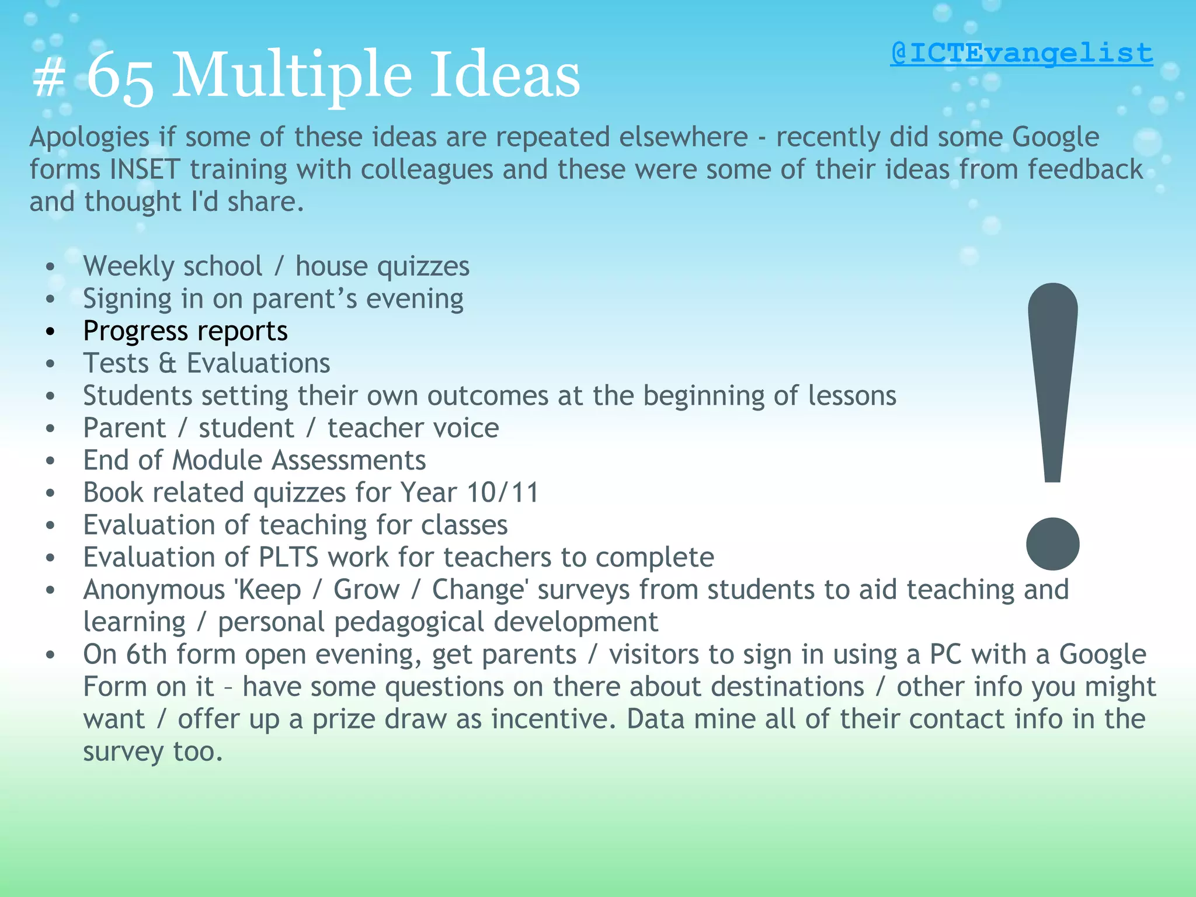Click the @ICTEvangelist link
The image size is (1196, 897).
[1021, 54]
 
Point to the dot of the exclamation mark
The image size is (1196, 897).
[1052, 544]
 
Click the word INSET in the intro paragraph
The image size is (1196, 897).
[144, 169]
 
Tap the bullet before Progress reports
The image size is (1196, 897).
[51, 332]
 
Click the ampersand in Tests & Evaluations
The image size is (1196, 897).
[167, 363]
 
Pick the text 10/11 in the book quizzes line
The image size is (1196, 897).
[502, 492]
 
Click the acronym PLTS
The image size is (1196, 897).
[288, 557]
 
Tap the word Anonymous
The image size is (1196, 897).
[154, 590]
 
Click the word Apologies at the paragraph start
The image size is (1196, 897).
[89, 138]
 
